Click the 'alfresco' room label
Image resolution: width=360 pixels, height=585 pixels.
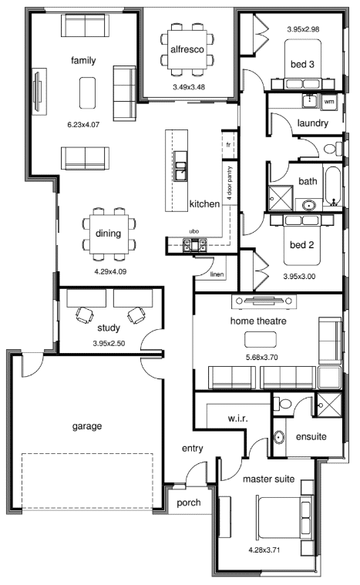(187, 49)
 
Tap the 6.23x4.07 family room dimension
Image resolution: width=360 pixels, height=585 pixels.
(83, 125)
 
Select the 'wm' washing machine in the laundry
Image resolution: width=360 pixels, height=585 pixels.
(328, 102)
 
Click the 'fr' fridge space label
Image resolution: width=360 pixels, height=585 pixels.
(228, 145)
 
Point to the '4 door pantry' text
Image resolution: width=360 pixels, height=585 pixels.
(230, 183)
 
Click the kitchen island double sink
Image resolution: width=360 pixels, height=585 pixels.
(181, 166)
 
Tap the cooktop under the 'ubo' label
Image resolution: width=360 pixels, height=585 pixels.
(194, 245)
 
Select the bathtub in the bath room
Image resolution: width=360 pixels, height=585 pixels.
(333, 187)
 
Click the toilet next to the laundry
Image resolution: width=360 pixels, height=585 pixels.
(333, 149)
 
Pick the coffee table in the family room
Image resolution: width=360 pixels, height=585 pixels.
(87, 93)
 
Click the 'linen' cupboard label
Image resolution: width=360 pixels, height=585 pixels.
(217, 274)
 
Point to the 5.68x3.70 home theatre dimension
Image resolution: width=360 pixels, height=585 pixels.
(261, 357)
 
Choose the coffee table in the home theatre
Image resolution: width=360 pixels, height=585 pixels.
(261, 339)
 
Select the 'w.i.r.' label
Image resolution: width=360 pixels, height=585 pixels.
(237, 419)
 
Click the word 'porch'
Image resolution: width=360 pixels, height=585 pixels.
(188, 503)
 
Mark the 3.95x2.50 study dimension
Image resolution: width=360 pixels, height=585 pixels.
(109, 343)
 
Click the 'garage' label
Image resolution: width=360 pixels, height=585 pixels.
(87, 426)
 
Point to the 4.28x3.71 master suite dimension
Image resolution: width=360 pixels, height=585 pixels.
(264, 550)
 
